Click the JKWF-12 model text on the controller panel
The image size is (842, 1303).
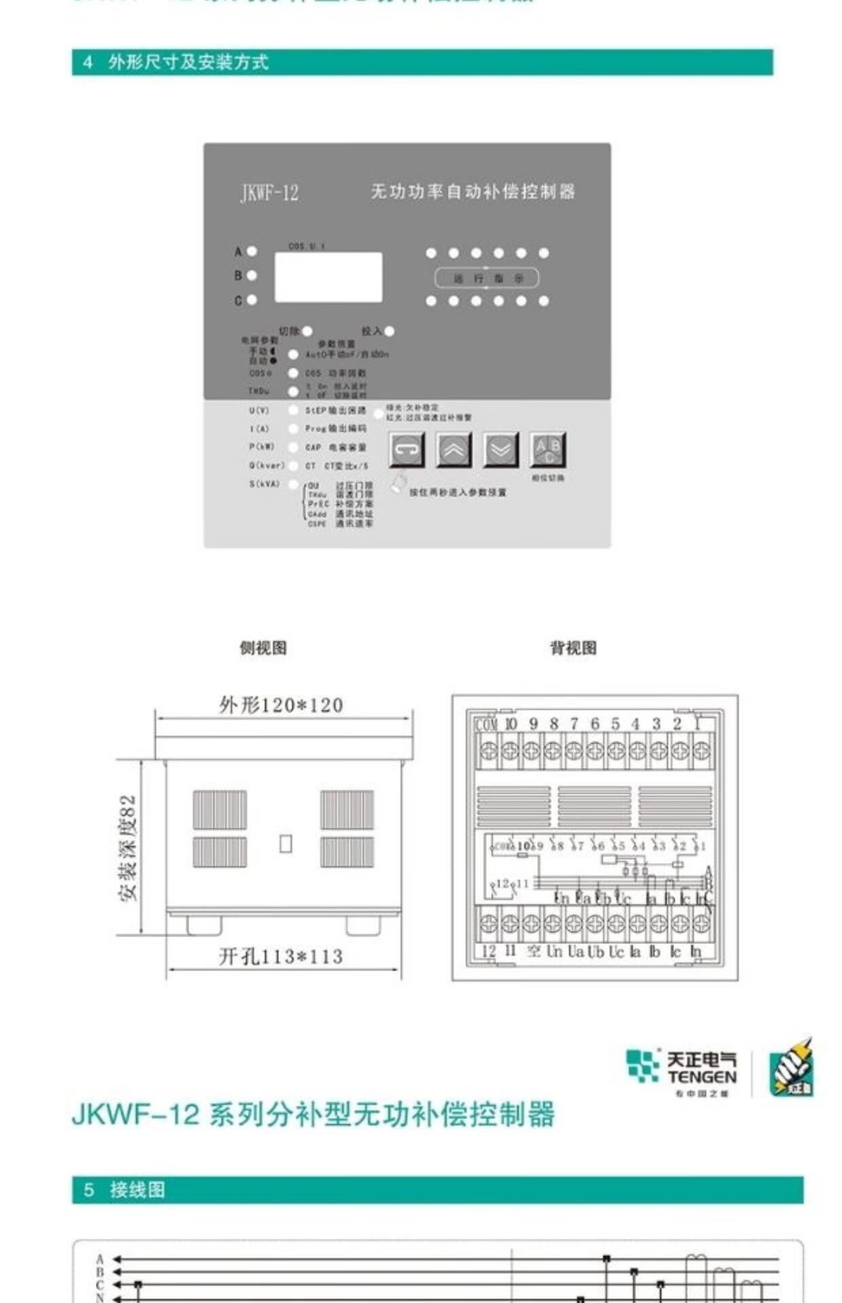(270, 193)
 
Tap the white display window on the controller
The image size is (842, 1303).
(328, 277)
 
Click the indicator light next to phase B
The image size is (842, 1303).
(252, 276)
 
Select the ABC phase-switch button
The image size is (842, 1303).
(547, 449)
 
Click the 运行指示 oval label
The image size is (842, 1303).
(487, 278)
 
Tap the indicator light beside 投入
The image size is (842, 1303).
(389, 331)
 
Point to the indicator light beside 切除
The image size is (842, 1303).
(307, 331)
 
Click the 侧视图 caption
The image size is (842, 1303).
(263, 647)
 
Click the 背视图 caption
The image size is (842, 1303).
(573, 647)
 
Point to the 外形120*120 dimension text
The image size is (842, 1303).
(280, 705)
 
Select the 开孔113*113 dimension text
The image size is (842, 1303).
(280, 957)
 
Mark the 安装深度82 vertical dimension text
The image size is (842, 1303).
(128, 848)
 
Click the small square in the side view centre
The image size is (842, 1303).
(286, 844)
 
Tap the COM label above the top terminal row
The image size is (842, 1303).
(486, 725)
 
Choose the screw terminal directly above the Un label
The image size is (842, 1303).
(553, 923)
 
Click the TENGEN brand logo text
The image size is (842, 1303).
(701, 1077)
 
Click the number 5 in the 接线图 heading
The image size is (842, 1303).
(89, 1190)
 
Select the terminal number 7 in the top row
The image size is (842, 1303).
(574, 724)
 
